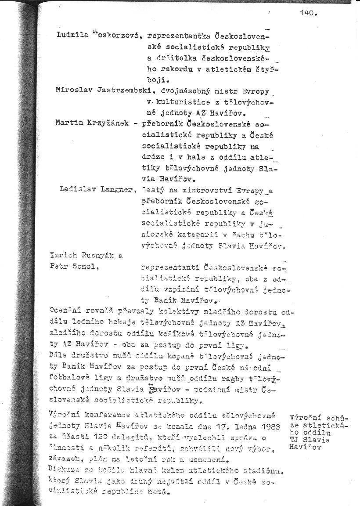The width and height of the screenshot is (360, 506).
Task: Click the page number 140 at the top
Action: [x=308, y=13]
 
